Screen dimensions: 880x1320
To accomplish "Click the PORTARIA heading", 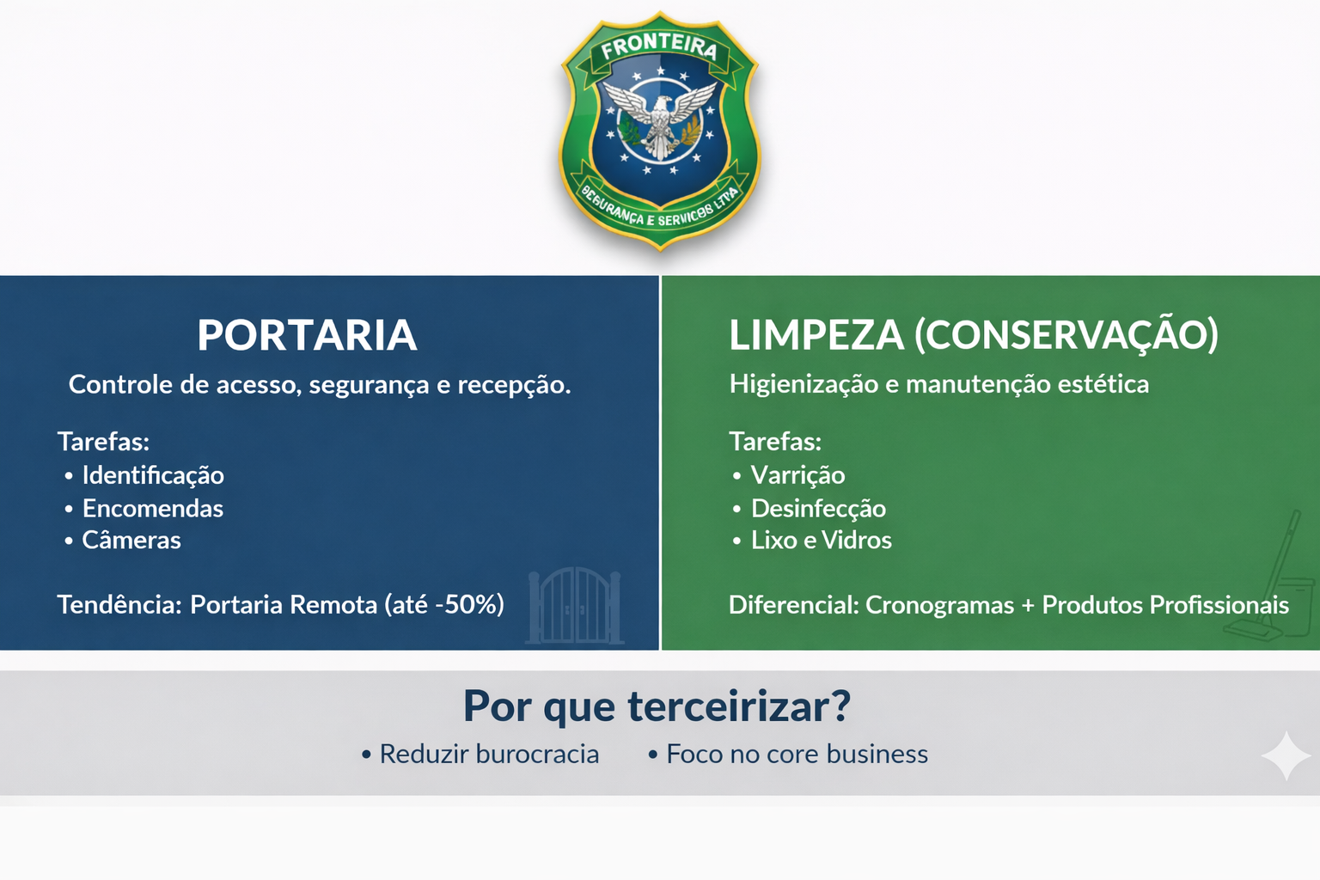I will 307,335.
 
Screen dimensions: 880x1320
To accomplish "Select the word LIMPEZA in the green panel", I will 816,335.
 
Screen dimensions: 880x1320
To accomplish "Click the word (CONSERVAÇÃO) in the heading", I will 1066,335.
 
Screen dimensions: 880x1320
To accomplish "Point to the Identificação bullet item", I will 152,475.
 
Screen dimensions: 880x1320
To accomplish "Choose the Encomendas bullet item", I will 152,509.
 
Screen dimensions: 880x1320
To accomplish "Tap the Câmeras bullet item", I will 131,541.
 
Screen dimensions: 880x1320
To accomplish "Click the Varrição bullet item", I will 797,475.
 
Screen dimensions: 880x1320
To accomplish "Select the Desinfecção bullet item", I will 818,509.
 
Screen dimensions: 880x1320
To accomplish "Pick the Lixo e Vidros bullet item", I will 821,541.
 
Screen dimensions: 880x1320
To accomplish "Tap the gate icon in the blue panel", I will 575,606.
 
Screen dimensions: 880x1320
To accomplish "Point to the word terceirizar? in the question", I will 739,706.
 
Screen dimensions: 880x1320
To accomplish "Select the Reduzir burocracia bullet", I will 489,755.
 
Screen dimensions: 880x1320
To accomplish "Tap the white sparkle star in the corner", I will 1286,755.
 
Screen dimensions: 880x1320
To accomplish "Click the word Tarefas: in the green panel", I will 775,442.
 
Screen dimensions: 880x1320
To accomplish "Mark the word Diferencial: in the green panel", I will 793,605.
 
